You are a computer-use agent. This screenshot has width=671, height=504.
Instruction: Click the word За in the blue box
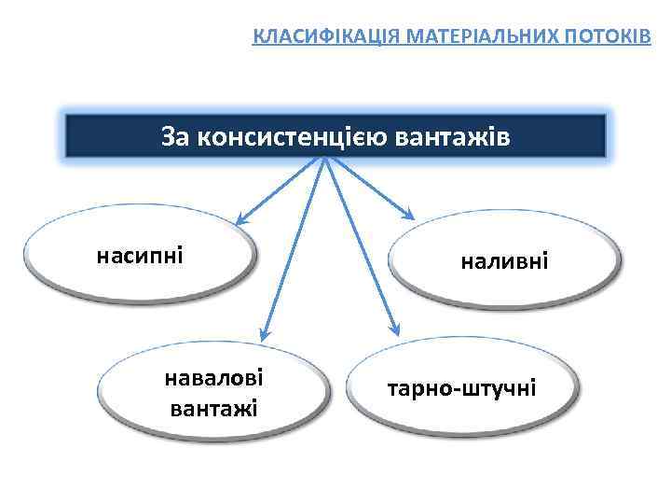click(x=174, y=136)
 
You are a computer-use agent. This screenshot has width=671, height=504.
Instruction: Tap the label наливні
click(x=504, y=263)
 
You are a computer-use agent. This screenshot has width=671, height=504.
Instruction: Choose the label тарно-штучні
click(x=463, y=386)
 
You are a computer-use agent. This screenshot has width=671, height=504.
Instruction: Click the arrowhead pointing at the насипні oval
click(x=240, y=221)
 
